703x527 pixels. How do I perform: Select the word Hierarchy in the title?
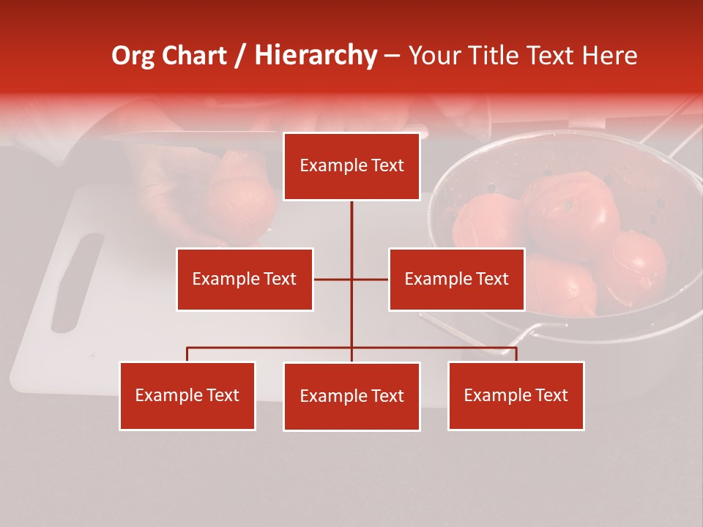(x=316, y=56)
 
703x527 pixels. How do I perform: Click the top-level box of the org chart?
(x=351, y=166)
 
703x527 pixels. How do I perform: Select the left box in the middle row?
(x=244, y=279)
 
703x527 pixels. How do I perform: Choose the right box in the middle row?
(x=456, y=279)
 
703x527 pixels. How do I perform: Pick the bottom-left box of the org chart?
(x=187, y=395)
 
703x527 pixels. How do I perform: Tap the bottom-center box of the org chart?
(x=351, y=396)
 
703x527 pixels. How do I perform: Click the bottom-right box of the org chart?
(x=516, y=395)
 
